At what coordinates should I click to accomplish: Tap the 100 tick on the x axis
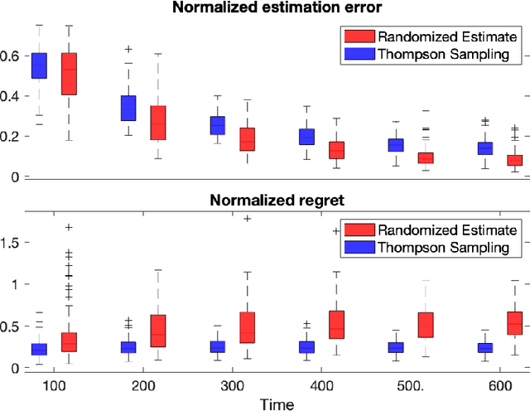(54, 385)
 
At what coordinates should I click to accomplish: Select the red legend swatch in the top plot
(358, 36)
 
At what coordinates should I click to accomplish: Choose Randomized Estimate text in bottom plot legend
(447, 230)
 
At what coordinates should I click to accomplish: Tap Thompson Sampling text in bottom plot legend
(448, 247)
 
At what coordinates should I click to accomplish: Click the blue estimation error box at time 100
(39, 65)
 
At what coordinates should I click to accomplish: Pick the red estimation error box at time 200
(158, 123)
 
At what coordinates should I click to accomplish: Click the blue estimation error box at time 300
(218, 125)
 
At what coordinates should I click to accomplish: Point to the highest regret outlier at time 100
(69, 227)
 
